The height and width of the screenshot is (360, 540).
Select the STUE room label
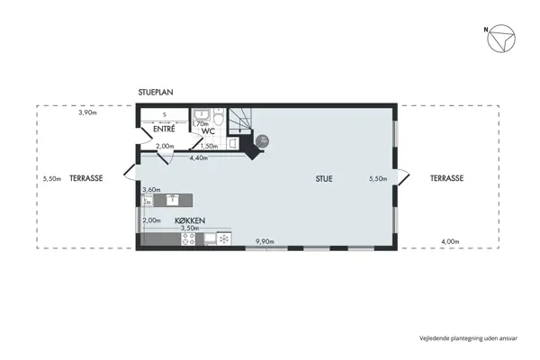coord(324,179)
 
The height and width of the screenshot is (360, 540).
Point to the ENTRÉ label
coord(164,130)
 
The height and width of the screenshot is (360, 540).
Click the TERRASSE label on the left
coord(86,179)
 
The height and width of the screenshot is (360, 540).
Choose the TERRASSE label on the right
coord(446,179)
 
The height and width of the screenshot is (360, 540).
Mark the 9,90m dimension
coord(265,241)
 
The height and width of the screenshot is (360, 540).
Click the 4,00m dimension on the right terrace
coord(452,241)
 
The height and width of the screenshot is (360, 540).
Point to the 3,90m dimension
coord(86,113)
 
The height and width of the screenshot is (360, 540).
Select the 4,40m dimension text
coord(198,158)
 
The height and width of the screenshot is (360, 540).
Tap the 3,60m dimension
coord(151,190)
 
